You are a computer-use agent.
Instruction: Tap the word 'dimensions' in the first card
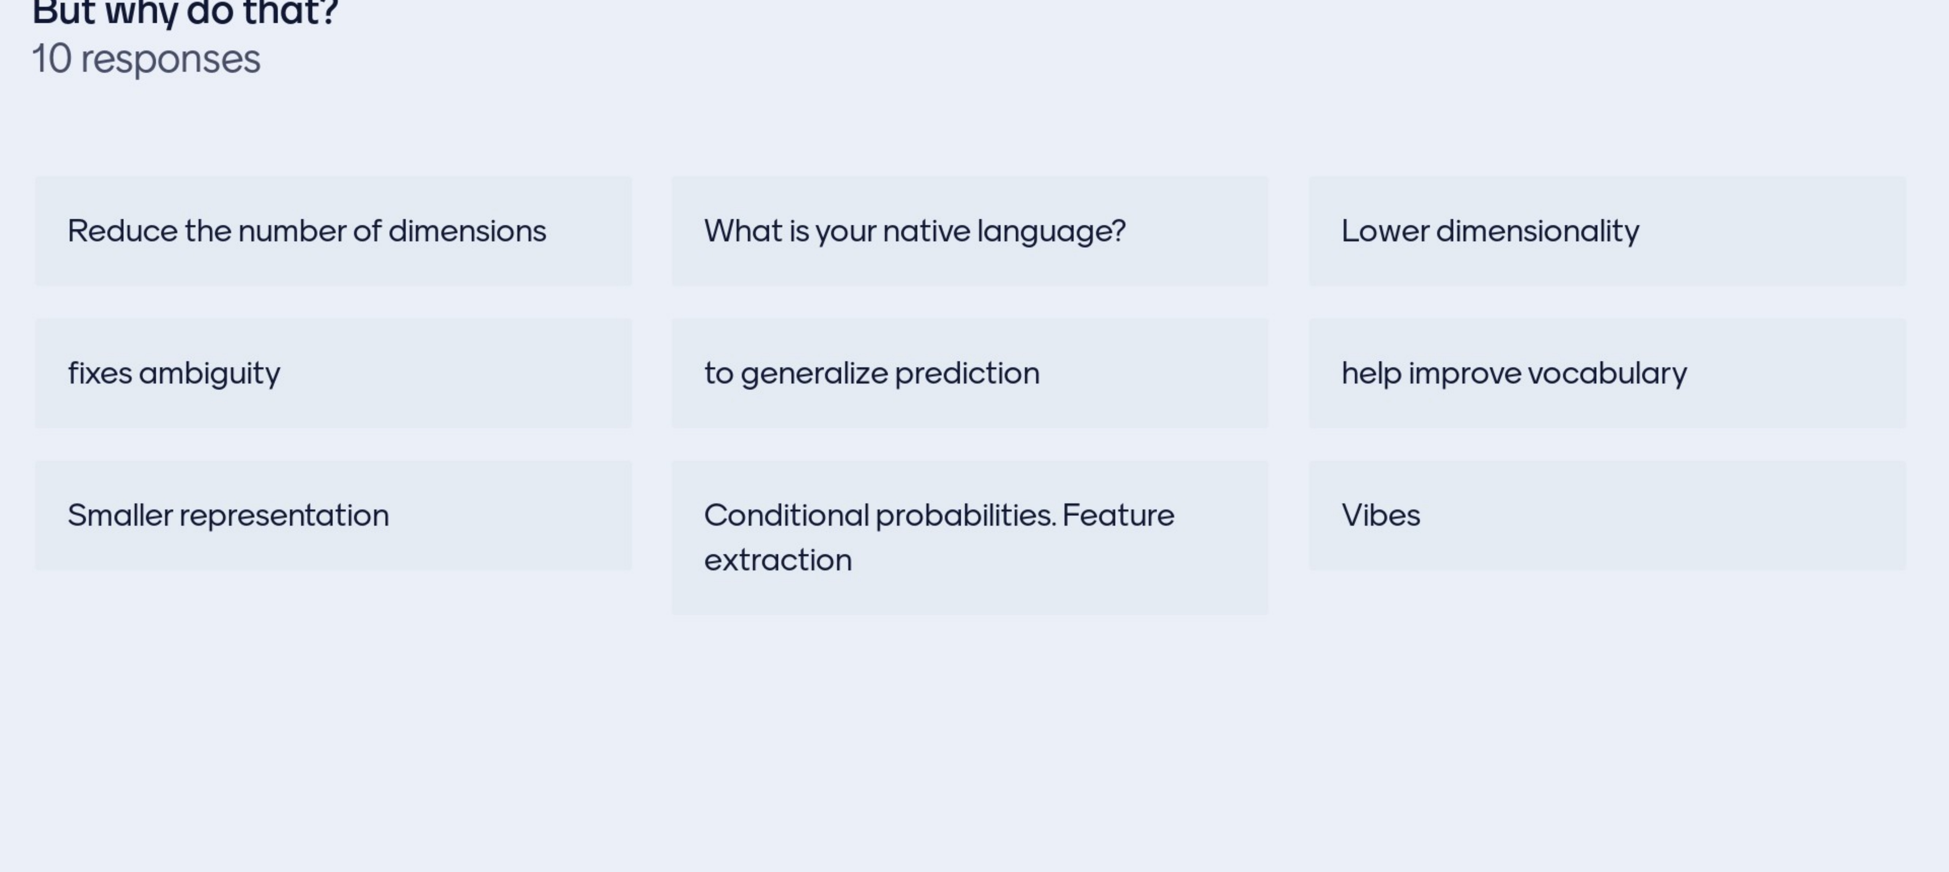coord(467,231)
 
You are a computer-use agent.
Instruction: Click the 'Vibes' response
coord(1381,515)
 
